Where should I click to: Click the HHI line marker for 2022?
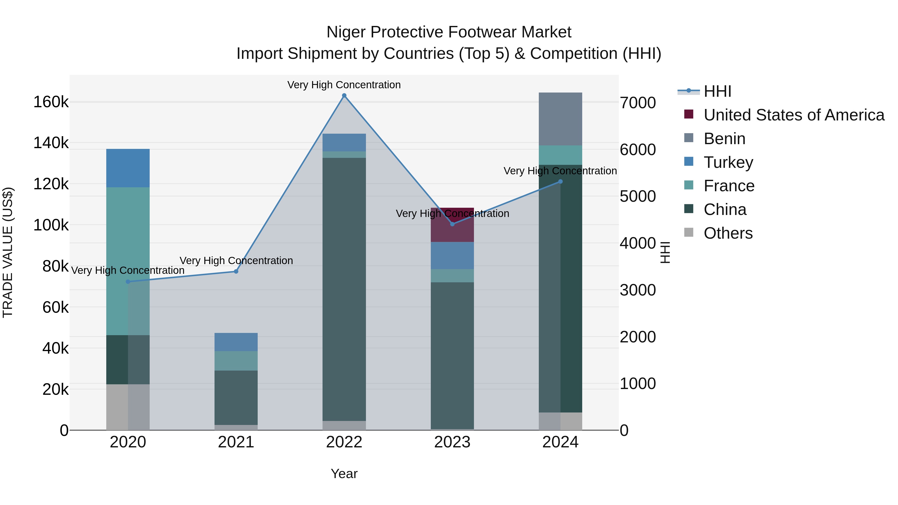344,96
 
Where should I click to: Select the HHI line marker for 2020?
128,282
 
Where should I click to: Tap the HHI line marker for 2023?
452,224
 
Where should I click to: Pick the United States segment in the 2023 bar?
452,230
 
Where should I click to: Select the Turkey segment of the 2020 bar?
128,168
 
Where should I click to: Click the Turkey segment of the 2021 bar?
236,342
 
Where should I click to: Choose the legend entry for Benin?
724,139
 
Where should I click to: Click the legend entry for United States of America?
793,115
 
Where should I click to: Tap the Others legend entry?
728,233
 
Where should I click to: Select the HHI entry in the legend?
717,91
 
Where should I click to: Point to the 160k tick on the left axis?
51,102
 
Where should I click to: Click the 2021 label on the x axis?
236,442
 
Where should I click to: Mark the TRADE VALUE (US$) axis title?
8,252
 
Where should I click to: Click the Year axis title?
344,474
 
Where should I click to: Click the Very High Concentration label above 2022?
344,85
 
